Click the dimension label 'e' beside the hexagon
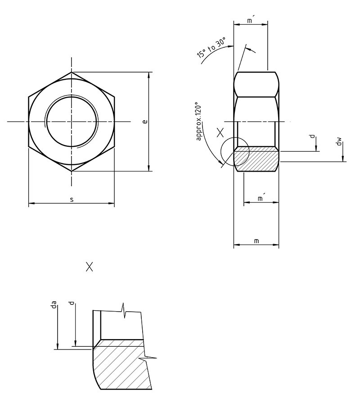pos(144,122)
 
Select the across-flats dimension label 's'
pos(72,199)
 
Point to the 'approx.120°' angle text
pos(200,124)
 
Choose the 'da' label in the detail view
pos(54,307)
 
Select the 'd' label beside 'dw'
pos(312,137)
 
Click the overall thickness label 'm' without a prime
pos(256,241)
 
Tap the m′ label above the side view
pos(251,20)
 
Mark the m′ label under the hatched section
pos(261,199)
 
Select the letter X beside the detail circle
pos(220,132)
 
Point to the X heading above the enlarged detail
pos(90,267)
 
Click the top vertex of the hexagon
pos(71,72)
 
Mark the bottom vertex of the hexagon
pos(71,171)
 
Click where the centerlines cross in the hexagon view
pos(71,122)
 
